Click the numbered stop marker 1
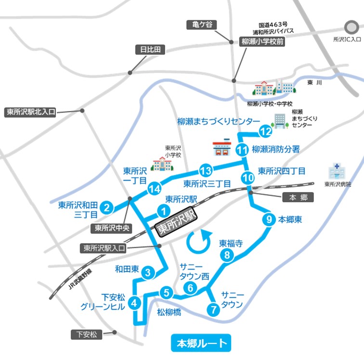coord(164,211)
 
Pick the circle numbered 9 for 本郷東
coord(269,220)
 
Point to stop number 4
coord(135,303)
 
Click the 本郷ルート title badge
coord(201,344)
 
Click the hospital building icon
coord(336,170)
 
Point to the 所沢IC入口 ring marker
coord(349,27)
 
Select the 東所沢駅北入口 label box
coord(31,112)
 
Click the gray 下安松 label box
coord(87,334)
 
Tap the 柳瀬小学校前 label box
coord(262,42)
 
